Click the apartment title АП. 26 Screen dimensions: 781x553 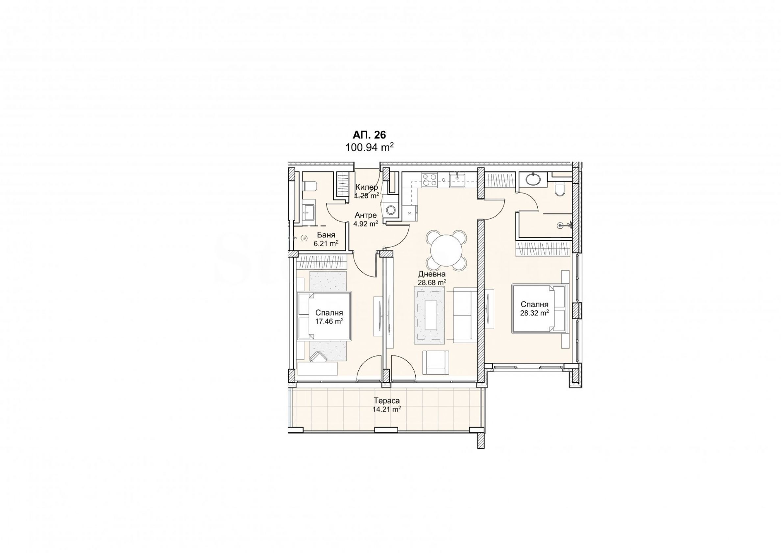click(x=369, y=135)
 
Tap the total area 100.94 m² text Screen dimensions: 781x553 click(x=370, y=147)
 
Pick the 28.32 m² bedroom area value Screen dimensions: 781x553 click(x=534, y=313)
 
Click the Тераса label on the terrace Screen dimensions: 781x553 click(x=387, y=401)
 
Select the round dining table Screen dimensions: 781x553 click(x=446, y=251)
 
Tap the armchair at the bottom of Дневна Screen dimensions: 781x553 click(x=435, y=362)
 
